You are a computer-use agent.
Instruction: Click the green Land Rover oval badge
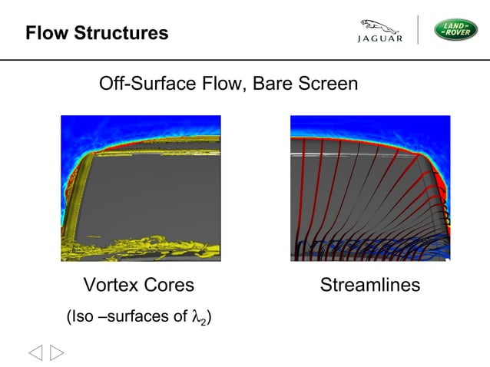coord(457,29)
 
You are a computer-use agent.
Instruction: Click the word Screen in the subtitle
coord(329,83)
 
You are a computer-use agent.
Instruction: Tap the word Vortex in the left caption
coord(110,286)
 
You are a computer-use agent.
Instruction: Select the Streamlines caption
coord(370,286)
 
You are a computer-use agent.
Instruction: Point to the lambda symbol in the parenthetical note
coord(195,316)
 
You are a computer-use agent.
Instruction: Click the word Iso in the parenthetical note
coord(82,316)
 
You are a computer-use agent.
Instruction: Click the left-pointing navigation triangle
coord(36,352)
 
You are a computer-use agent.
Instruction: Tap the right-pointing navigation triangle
coord(57,352)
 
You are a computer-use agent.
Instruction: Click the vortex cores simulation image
coord(141,188)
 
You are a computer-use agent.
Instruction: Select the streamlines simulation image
coord(370,188)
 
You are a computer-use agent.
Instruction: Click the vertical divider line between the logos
coord(419,29)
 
